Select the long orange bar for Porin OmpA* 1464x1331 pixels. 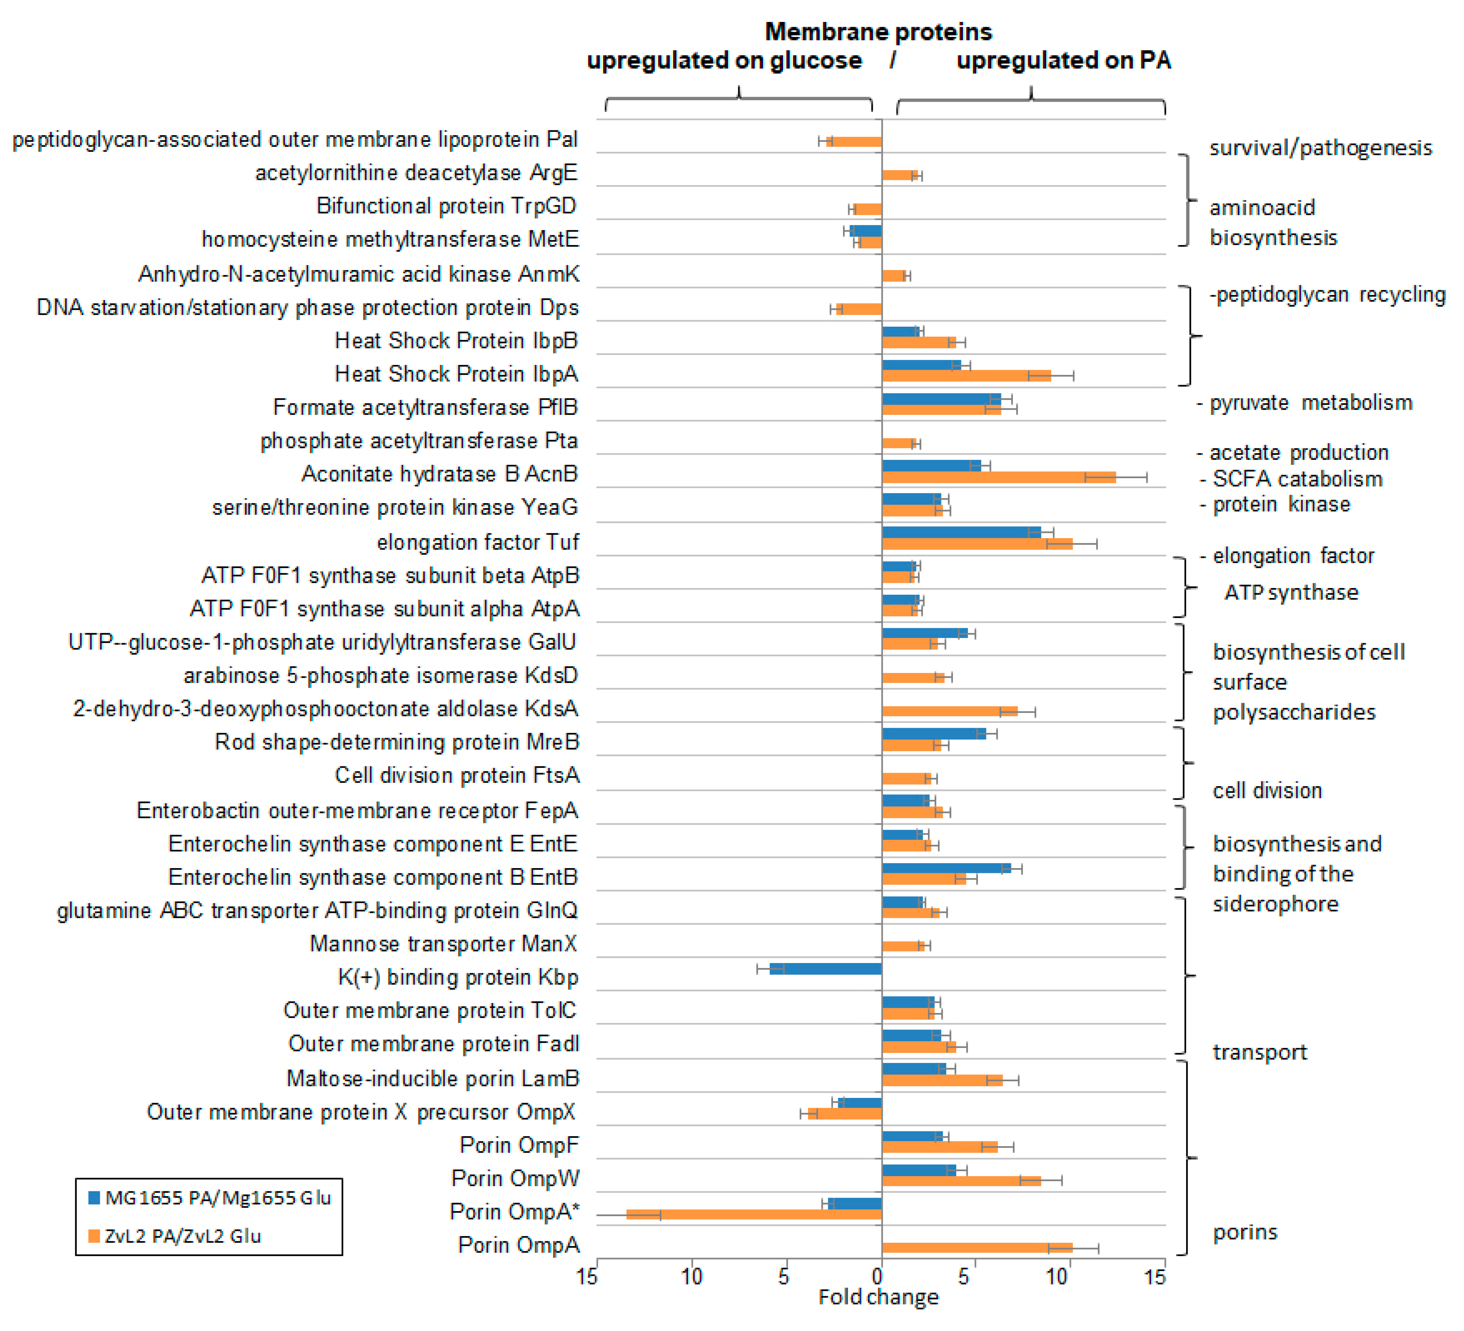[x=755, y=1214]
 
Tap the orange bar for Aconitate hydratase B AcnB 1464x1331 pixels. [x=998, y=477]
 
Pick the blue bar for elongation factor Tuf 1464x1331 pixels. [x=961, y=532]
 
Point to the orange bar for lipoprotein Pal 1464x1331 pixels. [x=855, y=142]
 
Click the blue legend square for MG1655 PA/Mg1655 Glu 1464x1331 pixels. [x=94, y=1197]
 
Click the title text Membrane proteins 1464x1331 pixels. [x=878, y=32]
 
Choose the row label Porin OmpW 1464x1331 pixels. [x=515, y=1178]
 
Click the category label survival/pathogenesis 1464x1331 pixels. [x=1319, y=148]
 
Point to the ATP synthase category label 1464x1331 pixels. [x=1290, y=593]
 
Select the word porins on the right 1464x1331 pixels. [x=1245, y=1232]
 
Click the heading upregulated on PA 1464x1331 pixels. [x=1063, y=60]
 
